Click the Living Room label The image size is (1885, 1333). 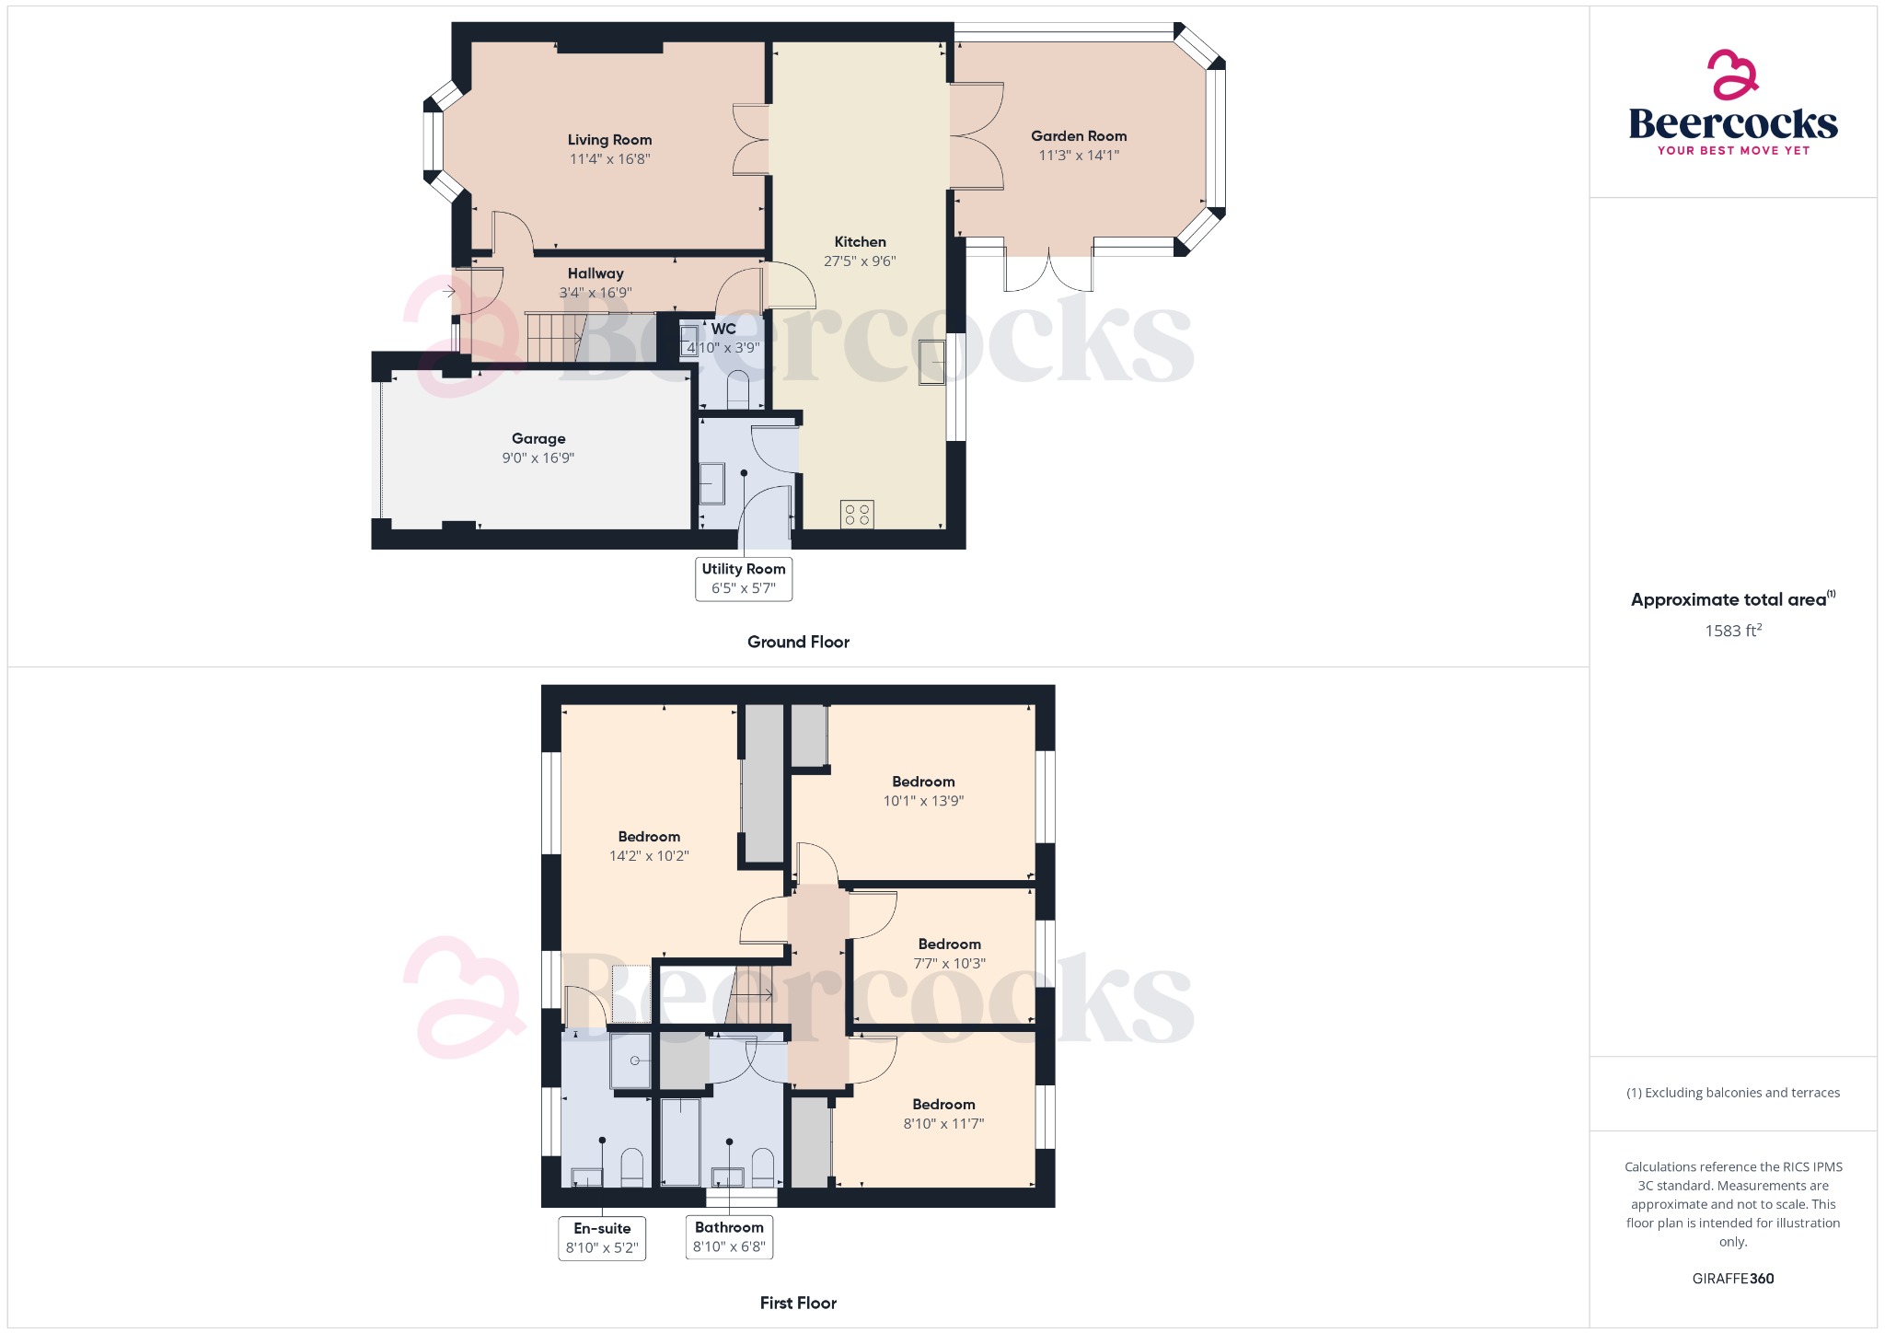tap(609, 140)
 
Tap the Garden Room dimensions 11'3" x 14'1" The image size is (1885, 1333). tap(1079, 156)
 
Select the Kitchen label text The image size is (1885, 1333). tap(860, 242)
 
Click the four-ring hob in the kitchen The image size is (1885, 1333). tap(857, 515)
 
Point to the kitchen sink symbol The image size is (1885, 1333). tap(931, 362)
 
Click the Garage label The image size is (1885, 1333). tap(538, 439)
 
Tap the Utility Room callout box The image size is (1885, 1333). tap(744, 579)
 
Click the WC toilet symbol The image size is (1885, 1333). tap(738, 390)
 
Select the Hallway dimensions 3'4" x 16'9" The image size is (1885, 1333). tap(596, 294)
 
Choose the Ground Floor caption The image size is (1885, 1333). tap(798, 643)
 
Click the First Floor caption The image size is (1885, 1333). tap(798, 1304)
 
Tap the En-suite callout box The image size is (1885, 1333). tap(602, 1238)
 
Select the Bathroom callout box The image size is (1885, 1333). tap(729, 1237)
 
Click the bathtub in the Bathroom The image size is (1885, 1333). tap(680, 1142)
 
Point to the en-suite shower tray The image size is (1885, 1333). tap(631, 1061)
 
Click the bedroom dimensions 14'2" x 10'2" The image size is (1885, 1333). tap(649, 856)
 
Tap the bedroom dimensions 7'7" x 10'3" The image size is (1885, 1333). tap(949, 964)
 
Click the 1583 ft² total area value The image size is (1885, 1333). tap(1732, 632)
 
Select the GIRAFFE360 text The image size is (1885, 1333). tap(1732, 1279)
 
